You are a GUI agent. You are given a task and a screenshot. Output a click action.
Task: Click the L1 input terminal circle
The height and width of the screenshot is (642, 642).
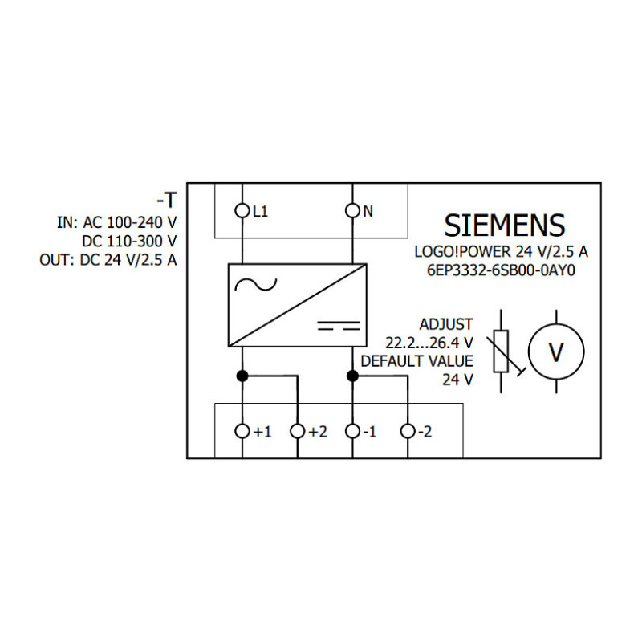242,211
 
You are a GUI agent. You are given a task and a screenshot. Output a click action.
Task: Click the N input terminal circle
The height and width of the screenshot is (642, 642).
352,211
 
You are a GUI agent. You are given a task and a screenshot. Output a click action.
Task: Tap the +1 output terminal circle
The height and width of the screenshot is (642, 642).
242,431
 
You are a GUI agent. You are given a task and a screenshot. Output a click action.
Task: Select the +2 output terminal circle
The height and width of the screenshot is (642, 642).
297,431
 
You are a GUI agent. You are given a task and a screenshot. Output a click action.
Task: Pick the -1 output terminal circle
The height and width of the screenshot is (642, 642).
352,431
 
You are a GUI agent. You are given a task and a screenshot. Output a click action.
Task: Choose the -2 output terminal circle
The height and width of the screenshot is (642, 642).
408,431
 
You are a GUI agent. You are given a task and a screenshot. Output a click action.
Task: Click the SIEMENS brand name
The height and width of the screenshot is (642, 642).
505,226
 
